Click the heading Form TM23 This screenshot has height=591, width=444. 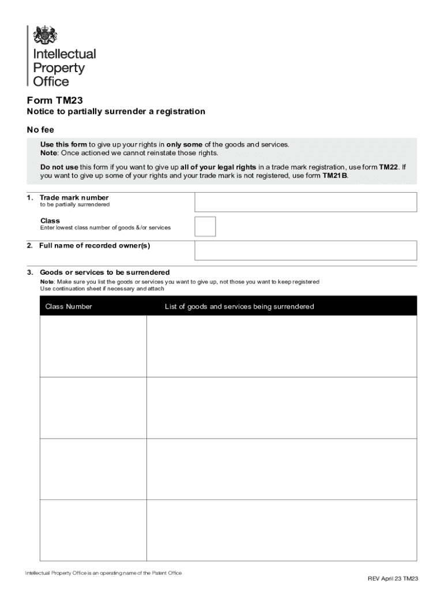[x=51, y=99]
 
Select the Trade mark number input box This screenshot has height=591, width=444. [x=306, y=202]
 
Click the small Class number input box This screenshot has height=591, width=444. [x=205, y=226]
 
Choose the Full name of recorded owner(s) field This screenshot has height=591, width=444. [x=306, y=250]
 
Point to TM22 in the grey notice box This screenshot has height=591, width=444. [x=388, y=167]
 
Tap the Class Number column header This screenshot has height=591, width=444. [x=69, y=306]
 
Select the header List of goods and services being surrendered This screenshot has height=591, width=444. [x=239, y=306]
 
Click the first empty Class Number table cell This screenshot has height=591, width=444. [x=93, y=346]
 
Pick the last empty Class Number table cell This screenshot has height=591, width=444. [x=93, y=530]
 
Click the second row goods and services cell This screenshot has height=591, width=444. [x=281, y=407]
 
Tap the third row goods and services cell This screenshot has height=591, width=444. [x=281, y=469]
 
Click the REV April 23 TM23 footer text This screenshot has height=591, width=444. [x=393, y=578]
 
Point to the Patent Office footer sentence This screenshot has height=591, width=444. [x=103, y=573]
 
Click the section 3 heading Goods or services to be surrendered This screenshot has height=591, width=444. [x=104, y=272]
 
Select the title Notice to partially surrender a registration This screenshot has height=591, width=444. [x=116, y=111]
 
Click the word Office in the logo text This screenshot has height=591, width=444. [x=51, y=82]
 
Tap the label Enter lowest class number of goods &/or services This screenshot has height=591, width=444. [x=106, y=227]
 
